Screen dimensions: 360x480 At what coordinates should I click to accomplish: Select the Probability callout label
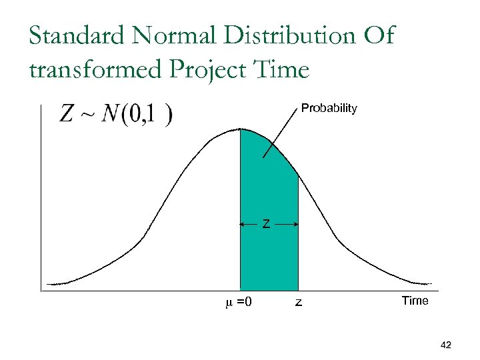point(329,108)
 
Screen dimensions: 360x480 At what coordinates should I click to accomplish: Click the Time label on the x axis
point(415,301)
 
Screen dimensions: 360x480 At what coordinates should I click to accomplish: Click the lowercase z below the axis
point(298,303)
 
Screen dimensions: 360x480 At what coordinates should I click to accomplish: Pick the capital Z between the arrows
point(266,225)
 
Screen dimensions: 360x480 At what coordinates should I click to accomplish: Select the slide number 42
point(446,345)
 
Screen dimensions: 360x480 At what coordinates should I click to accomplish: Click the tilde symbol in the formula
point(88,115)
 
